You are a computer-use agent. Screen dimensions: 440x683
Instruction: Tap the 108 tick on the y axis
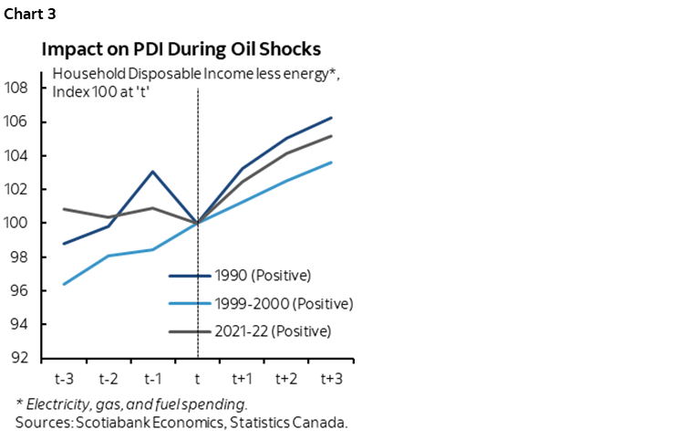26,89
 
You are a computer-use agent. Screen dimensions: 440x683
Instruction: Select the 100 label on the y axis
26,223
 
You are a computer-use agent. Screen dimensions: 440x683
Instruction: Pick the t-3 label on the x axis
64,377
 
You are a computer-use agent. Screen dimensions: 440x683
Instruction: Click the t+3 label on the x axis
331,377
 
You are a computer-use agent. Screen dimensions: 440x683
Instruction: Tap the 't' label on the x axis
198,377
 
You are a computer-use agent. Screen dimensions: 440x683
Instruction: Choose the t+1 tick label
242,377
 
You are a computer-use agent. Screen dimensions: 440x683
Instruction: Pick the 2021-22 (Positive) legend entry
274,330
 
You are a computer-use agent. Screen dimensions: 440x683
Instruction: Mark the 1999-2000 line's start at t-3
64,284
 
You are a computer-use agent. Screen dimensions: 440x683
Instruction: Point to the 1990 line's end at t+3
331,118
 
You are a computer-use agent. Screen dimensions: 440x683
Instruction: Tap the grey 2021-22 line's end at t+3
331,136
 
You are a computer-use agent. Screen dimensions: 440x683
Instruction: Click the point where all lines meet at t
198,223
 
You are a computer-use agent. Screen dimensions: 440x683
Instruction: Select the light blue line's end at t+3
331,162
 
